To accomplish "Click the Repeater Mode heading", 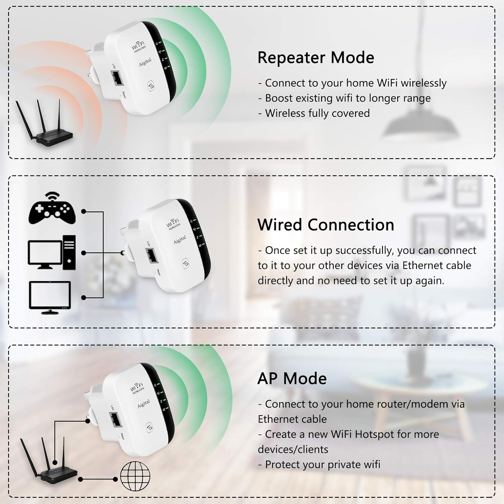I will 316,57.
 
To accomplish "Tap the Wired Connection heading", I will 326,225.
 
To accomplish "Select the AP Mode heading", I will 292,379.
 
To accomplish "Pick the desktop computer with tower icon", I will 52,252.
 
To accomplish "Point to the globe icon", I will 135,476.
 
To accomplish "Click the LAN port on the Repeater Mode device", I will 116,79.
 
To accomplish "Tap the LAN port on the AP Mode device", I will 115,420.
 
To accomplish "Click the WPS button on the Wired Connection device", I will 185,264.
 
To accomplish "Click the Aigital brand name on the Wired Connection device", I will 180,240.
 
